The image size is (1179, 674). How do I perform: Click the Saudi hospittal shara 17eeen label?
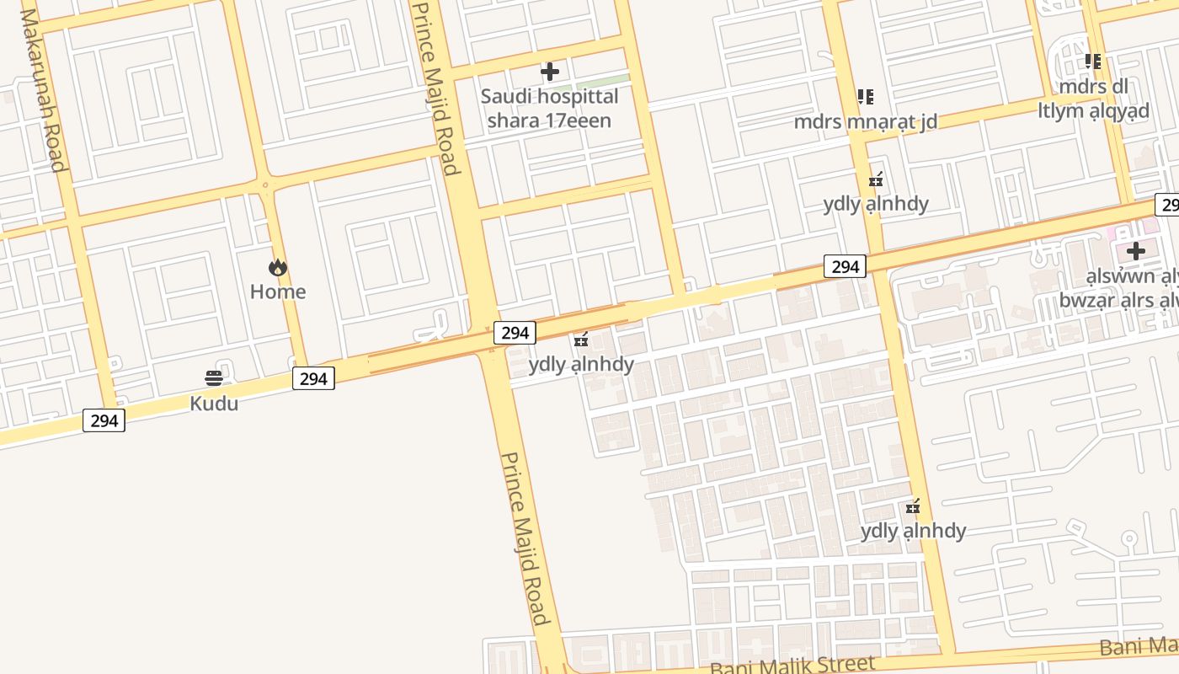click(549, 108)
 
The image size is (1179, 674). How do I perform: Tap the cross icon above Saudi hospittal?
click(550, 72)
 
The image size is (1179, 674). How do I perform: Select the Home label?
click(278, 292)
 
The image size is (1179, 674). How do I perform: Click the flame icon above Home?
click(278, 268)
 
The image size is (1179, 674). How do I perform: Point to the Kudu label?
click(214, 403)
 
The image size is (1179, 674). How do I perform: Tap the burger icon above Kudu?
click(214, 377)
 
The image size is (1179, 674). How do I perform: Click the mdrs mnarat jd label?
click(866, 121)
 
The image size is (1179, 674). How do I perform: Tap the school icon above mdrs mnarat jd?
click(866, 97)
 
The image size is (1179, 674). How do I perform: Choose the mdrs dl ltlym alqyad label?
click(1093, 99)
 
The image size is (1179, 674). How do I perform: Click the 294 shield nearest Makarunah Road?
click(104, 420)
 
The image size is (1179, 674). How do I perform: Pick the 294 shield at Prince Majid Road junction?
click(515, 333)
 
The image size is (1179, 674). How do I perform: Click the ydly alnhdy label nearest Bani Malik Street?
click(913, 531)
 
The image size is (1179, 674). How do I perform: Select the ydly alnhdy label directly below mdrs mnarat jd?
click(876, 203)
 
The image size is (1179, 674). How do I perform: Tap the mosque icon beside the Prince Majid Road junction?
click(581, 340)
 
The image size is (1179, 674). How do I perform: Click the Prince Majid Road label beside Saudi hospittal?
click(437, 88)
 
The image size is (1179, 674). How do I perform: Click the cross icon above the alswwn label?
click(1136, 251)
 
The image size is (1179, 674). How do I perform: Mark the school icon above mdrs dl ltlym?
click(1093, 62)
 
